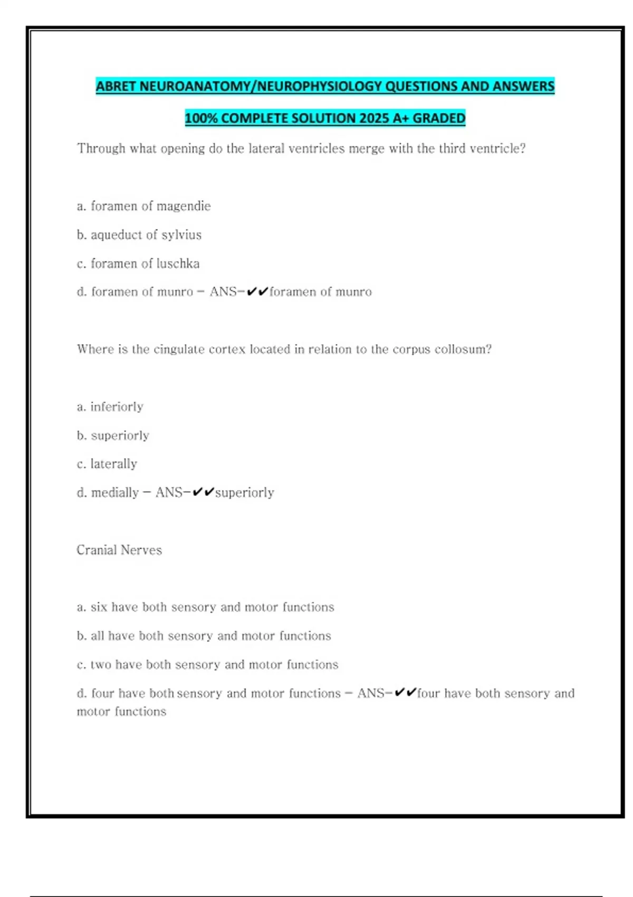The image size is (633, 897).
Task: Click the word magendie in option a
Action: point(183,206)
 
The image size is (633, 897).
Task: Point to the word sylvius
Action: point(181,235)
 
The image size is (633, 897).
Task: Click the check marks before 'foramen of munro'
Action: point(257,292)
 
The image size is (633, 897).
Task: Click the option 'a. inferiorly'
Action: point(110,407)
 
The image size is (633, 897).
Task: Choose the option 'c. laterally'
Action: point(107,464)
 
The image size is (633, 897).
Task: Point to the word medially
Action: point(114,493)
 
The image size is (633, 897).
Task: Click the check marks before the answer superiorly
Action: point(203,493)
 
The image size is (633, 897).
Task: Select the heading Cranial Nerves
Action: point(119,550)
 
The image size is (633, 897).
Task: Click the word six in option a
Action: point(99,607)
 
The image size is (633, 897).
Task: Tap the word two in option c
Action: point(101,664)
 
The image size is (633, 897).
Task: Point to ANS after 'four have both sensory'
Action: point(370,693)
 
